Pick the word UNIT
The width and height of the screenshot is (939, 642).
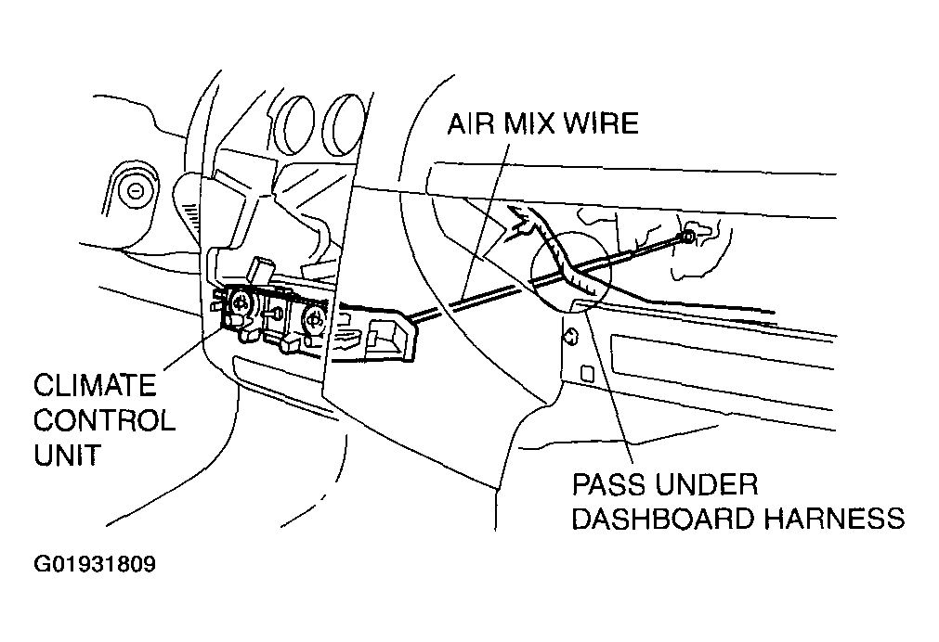[68, 456]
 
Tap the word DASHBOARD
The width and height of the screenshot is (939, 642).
[661, 518]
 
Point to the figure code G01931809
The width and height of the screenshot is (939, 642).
[94, 564]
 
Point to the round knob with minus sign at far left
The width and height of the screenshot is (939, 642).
[136, 193]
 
